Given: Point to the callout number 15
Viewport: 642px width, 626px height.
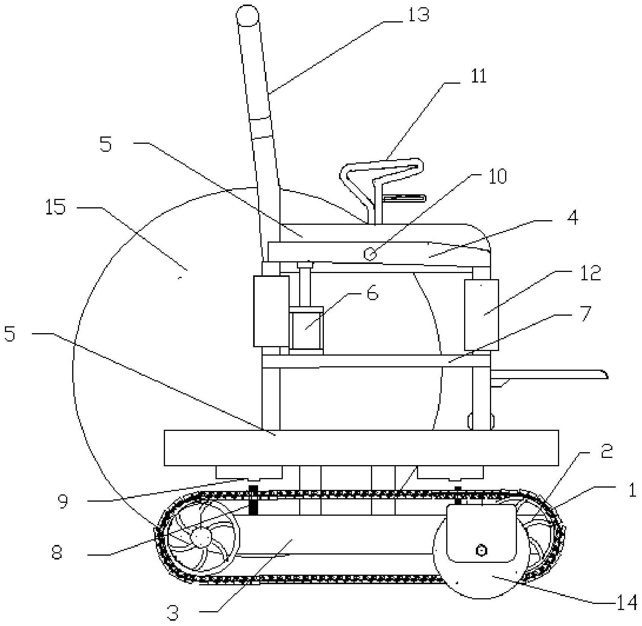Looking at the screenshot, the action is point(55,208).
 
